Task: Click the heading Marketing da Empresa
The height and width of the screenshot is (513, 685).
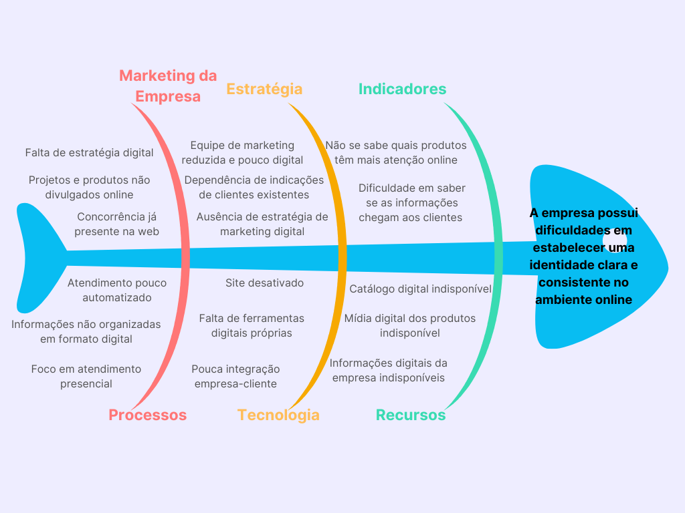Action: click(168, 86)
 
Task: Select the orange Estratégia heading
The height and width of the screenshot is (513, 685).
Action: click(264, 89)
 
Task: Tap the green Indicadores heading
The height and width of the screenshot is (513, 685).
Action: click(402, 89)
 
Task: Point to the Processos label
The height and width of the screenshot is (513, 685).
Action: click(147, 415)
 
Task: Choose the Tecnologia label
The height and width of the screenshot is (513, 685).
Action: click(278, 415)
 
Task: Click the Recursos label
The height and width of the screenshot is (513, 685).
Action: click(410, 415)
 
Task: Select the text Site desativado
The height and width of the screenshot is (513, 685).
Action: click(264, 283)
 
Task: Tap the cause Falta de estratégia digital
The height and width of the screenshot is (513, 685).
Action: click(89, 152)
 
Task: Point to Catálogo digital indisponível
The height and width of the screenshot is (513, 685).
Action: click(420, 289)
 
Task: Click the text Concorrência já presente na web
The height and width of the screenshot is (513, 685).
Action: click(117, 224)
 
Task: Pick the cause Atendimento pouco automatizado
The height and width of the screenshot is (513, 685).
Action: click(117, 290)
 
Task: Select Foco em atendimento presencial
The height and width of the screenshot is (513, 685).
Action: click(86, 376)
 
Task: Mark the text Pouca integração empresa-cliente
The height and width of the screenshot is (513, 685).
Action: click(235, 376)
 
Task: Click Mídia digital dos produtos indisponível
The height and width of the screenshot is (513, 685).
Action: click(409, 325)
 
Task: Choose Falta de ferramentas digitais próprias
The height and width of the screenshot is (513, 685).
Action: click(252, 325)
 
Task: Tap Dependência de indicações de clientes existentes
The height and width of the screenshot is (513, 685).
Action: click(254, 187)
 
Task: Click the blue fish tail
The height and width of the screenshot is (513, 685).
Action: click(37, 257)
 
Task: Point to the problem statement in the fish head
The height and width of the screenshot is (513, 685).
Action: click(583, 256)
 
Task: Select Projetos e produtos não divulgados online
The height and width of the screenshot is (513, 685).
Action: click(89, 187)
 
